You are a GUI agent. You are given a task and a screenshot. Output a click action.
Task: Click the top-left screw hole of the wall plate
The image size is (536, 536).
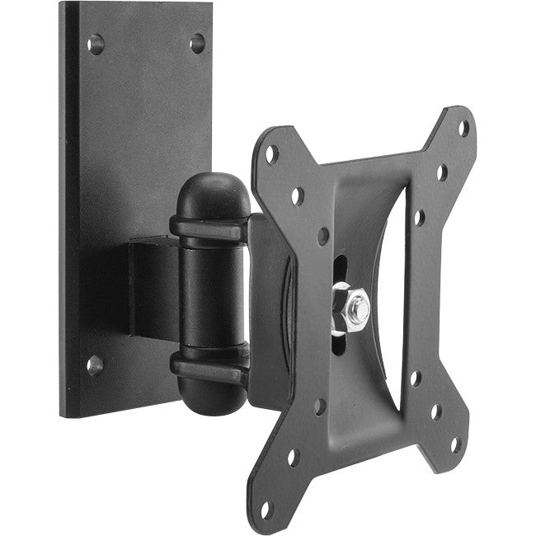pyautogui.click(x=96, y=44)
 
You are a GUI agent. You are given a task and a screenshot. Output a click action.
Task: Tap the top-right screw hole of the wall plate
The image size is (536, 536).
pyautogui.click(x=197, y=44)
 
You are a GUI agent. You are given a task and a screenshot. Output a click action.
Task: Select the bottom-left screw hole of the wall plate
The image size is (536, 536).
pyautogui.click(x=95, y=364)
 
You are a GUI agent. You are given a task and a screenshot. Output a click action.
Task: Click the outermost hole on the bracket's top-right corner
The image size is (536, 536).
pyautogui.click(x=463, y=128)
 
